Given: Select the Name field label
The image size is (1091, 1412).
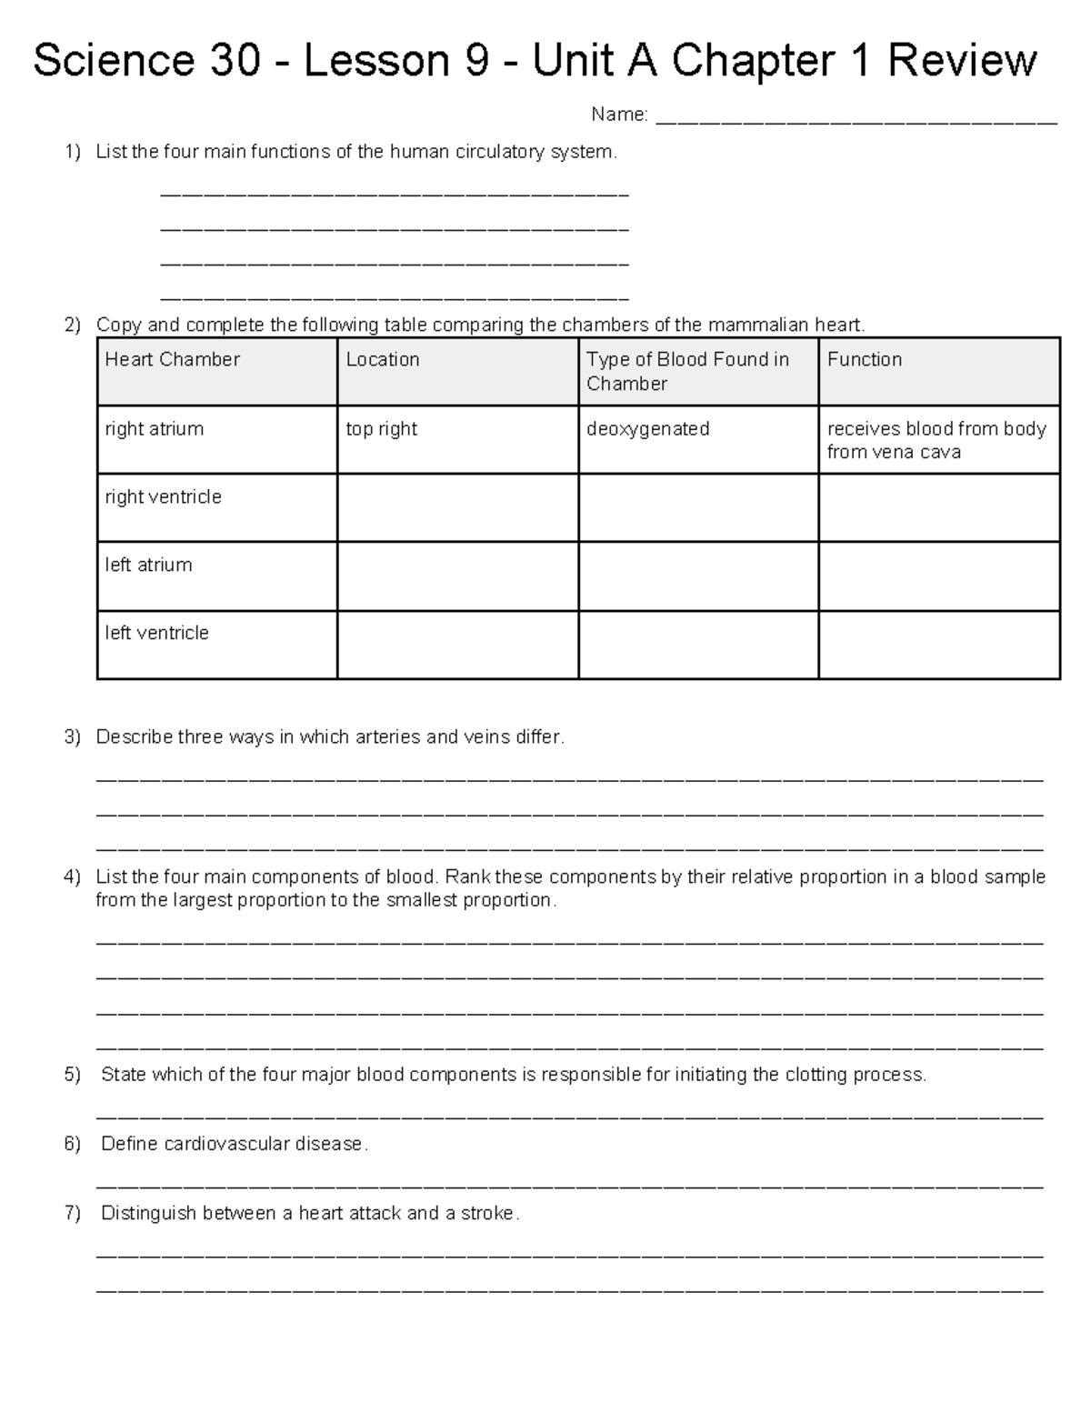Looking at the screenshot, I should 619,115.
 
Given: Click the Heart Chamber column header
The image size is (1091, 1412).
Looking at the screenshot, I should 172,359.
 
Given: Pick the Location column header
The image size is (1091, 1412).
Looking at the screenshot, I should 383,359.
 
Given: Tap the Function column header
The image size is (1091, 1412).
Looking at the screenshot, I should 865,359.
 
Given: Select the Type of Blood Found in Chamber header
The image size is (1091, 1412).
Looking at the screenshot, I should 687,371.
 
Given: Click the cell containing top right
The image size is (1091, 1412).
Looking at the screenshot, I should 382,428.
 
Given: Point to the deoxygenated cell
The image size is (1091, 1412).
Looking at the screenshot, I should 647,428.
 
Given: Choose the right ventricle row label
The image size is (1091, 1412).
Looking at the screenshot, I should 164,496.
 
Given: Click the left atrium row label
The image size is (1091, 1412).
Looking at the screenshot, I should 148,565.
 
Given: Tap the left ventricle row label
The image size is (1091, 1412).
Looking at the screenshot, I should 156,633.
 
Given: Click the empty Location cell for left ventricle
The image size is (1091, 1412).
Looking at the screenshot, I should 457,645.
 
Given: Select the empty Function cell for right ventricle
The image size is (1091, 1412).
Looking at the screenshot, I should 938,507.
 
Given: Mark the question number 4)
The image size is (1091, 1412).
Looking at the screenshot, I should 73,877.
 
